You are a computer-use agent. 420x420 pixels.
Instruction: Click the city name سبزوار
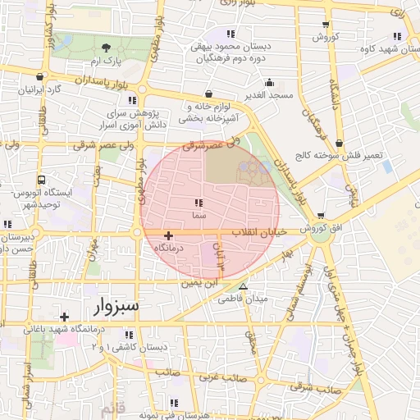click(x=112, y=306)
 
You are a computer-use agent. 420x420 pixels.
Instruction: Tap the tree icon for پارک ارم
click(x=106, y=47)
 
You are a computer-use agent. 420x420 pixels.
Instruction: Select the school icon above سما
click(x=198, y=202)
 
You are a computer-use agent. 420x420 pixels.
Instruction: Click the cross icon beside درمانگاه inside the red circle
click(x=168, y=235)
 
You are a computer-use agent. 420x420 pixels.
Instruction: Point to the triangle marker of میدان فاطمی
click(x=243, y=286)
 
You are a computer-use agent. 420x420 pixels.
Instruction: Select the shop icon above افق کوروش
click(x=320, y=216)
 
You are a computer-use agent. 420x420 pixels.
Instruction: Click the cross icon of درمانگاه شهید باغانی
click(x=64, y=317)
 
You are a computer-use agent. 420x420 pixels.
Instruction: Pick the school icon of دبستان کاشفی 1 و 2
click(x=129, y=335)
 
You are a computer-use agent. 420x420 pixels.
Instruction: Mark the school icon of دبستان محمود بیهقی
click(x=231, y=34)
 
